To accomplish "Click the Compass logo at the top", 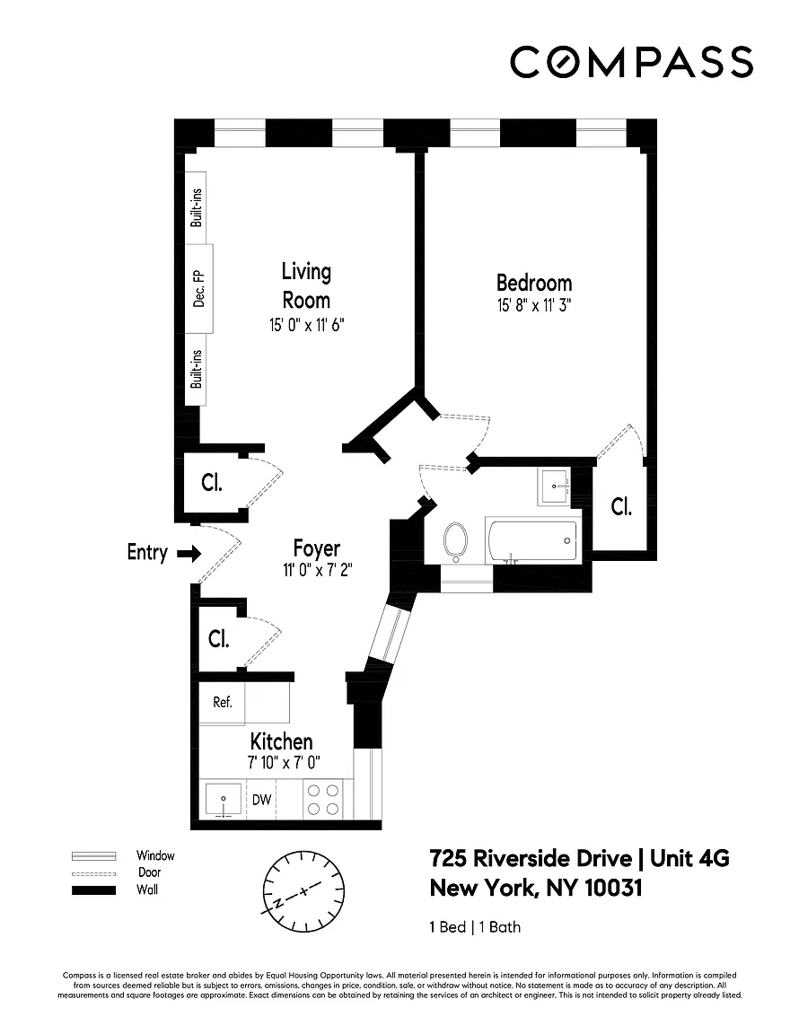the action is (x=631, y=62).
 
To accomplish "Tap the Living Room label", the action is (x=306, y=285).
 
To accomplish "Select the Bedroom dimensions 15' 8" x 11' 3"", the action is (x=534, y=305).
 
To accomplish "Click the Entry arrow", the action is (x=189, y=553).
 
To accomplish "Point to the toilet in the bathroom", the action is (x=455, y=542).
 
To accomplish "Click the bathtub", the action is (x=532, y=540).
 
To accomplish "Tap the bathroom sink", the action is (x=554, y=486).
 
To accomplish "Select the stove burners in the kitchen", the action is (x=323, y=799).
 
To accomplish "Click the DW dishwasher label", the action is (x=262, y=799).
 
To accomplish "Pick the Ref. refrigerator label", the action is (x=223, y=702).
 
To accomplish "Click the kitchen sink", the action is (x=223, y=800).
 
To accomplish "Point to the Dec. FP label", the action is (x=198, y=289).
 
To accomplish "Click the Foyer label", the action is (x=317, y=548).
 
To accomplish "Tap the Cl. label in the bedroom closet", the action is (x=621, y=506).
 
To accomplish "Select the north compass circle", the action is (x=303, y=891).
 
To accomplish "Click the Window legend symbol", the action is (x=93, y=856).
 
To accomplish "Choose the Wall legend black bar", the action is (x=93, y=890).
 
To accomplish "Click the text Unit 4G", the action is (x=689, y=858).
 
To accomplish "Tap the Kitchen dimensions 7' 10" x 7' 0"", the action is (x=284, y=763).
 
